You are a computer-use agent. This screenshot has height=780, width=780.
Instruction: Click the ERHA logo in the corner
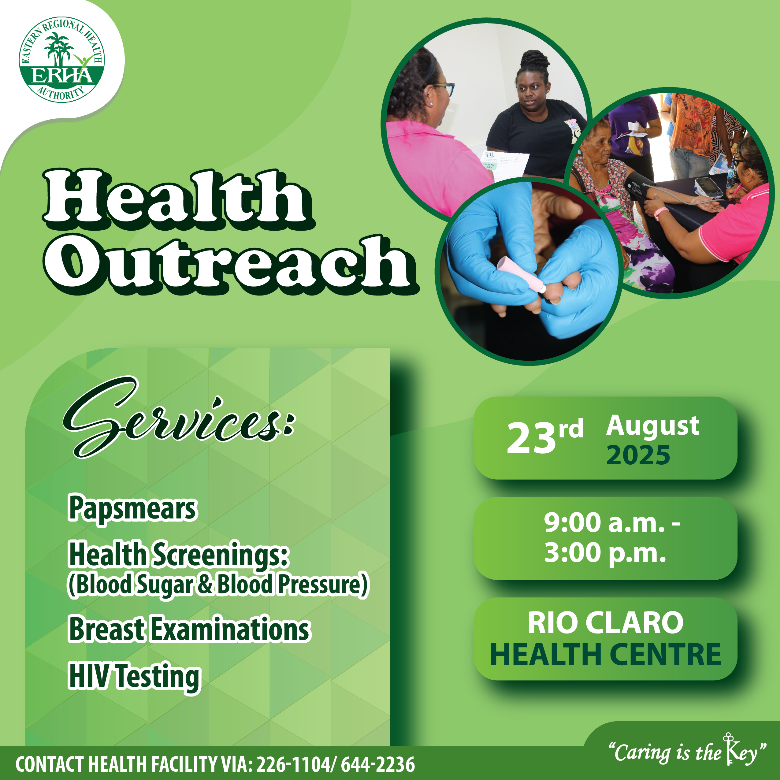click(x=62, y=59)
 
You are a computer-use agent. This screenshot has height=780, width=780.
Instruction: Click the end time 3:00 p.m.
click(x=605, y=553)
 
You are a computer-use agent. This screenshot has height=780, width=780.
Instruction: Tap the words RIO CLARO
click(x=606, y=623)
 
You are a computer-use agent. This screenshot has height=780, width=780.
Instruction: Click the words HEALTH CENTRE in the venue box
click(x=606, y=655)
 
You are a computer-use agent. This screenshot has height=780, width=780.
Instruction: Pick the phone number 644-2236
click(x=378, y=765)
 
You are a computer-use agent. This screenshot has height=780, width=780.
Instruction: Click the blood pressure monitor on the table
click(x=708, y=188)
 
